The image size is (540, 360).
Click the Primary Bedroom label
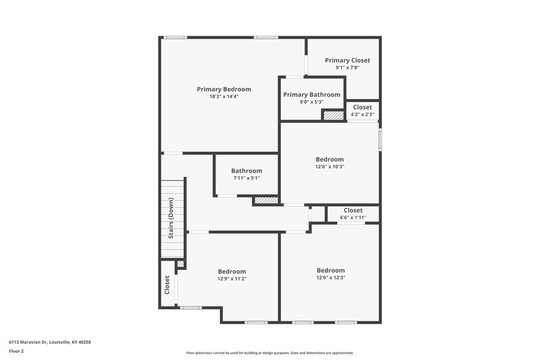pyautogui.click(x=224, y=89)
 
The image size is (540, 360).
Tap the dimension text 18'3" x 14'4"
pyautogui.click(x=224, y=97)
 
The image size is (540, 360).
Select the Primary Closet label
pyautogui.click(x=348, y=60)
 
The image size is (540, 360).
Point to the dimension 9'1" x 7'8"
pyautogui.click(x=348, y=68)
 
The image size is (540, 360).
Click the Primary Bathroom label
pyautogui.click(x=312, y=95)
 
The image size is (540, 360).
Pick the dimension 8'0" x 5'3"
pyautogui.click(x=312, y=102)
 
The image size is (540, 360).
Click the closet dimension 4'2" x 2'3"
pyautogui.click(x=362, y=114)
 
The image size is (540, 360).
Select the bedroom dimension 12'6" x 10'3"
pyautogui.click(x=330, y=167)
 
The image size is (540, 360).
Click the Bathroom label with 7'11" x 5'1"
pyautogui.click(x=246, y=171)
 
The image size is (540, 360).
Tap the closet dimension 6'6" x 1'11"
pyautogui.click(x=353, y=217)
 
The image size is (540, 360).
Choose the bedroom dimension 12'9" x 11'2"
pyautogui.click(x=232, y=278)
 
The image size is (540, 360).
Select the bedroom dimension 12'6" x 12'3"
pyautogui.click(x=331, y=278)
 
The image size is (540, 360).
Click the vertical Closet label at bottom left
pyautogui.click(x=167, y=284)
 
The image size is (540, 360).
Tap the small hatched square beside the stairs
pyautogui.click(x=180, y=264)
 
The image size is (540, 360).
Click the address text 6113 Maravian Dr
pyautogui.click(x=50, y=342)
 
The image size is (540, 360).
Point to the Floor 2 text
pyautogui.click(x=16, y=352)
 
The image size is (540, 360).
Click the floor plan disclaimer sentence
pyautogui.click(x=270, y=353)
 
